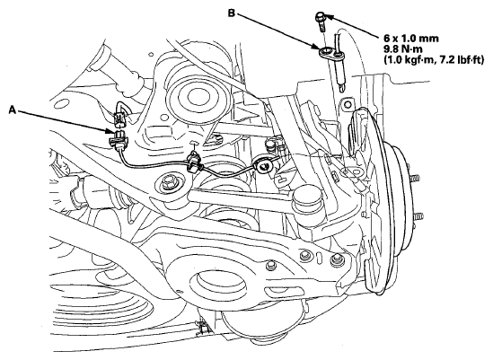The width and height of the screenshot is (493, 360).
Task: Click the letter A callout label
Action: tap(13, 110)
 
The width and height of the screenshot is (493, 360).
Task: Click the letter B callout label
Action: tap(232, 13)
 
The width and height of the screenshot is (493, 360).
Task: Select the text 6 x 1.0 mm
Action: tap(410, 39)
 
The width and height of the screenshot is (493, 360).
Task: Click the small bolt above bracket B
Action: tap(321, 21)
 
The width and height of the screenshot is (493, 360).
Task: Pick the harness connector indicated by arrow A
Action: tap(118, 138)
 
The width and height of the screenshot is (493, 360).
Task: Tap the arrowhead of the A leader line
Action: tap(110, 131)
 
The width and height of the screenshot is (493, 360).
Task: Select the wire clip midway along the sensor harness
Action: tap(194, 162)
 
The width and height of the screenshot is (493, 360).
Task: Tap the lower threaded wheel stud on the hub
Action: tap(418, 217)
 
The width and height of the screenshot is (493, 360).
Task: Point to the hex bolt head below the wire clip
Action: tap(167, 182)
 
